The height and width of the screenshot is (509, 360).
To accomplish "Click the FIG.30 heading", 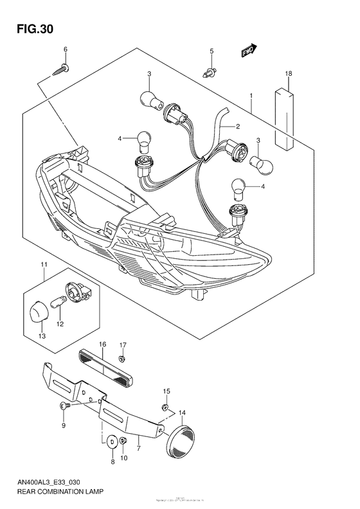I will click(x=30, y=29).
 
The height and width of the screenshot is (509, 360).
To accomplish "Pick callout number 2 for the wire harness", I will click(x=237, y=127).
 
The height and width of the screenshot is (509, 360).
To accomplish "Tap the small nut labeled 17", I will click(x=123, y=357).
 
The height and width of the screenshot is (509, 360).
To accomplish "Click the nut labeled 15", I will click(x=165, y=407).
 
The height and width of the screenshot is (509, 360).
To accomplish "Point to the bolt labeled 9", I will click(x=63, y=406).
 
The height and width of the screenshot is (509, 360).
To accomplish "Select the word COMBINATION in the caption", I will click(x=67, y=495).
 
